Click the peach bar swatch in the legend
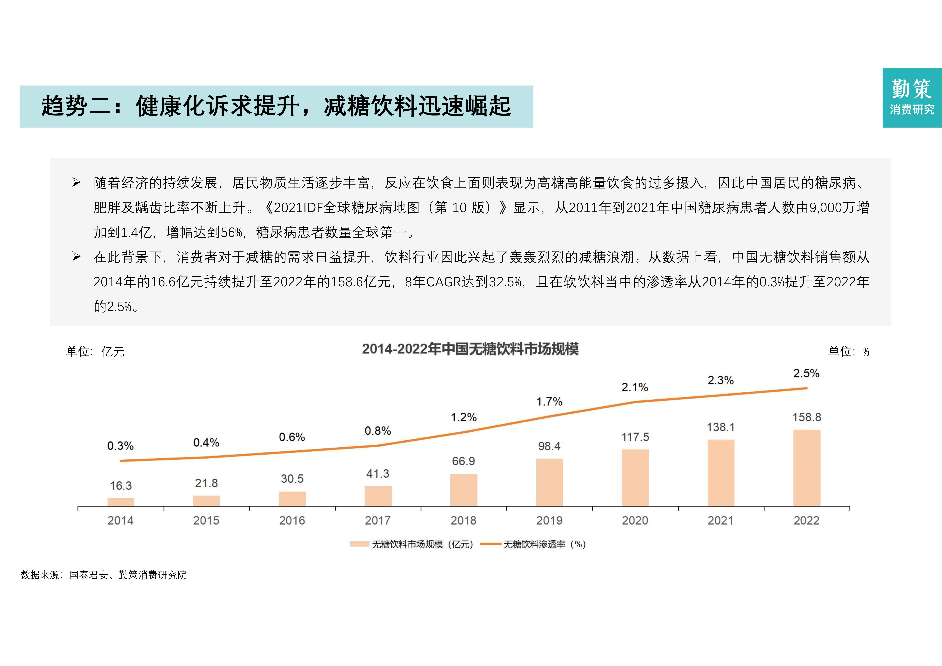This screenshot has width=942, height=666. click(x=359, y=544)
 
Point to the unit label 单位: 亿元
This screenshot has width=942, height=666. click(x=95, y=352)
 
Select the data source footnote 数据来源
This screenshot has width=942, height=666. click(x=103, y=575)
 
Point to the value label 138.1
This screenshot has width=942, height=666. click(x=720, y=427)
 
